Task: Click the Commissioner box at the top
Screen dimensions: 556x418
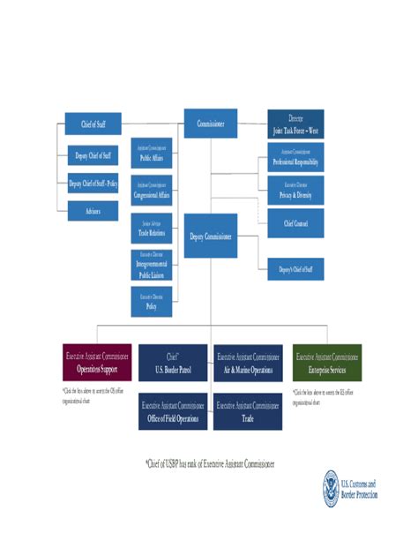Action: [x=210, y=124]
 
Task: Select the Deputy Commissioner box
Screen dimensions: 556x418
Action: [x=210, y=236]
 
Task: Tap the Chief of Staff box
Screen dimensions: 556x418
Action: [x=93, y=124]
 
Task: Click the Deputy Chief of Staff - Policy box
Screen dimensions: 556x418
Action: [x=93, y=184]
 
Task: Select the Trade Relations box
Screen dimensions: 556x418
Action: [x=151, y=228]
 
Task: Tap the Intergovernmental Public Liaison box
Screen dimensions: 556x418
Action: [x=151, y=265]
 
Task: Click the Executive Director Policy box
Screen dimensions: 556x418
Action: [x=151, y=301]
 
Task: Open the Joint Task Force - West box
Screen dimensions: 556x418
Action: [x=295, y=124]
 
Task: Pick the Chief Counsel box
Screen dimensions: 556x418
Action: [x=295, y=222]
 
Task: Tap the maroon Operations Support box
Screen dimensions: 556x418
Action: [x=97, y=363]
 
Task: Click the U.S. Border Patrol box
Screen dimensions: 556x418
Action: [x=172, y=363]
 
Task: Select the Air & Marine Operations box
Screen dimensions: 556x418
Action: [x=249, y=363]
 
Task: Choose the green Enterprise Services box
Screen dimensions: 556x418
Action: [x=326, y=363]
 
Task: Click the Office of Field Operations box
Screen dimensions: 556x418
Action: [x=172, y=412]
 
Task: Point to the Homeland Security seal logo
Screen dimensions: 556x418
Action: [x=331, y=488]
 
